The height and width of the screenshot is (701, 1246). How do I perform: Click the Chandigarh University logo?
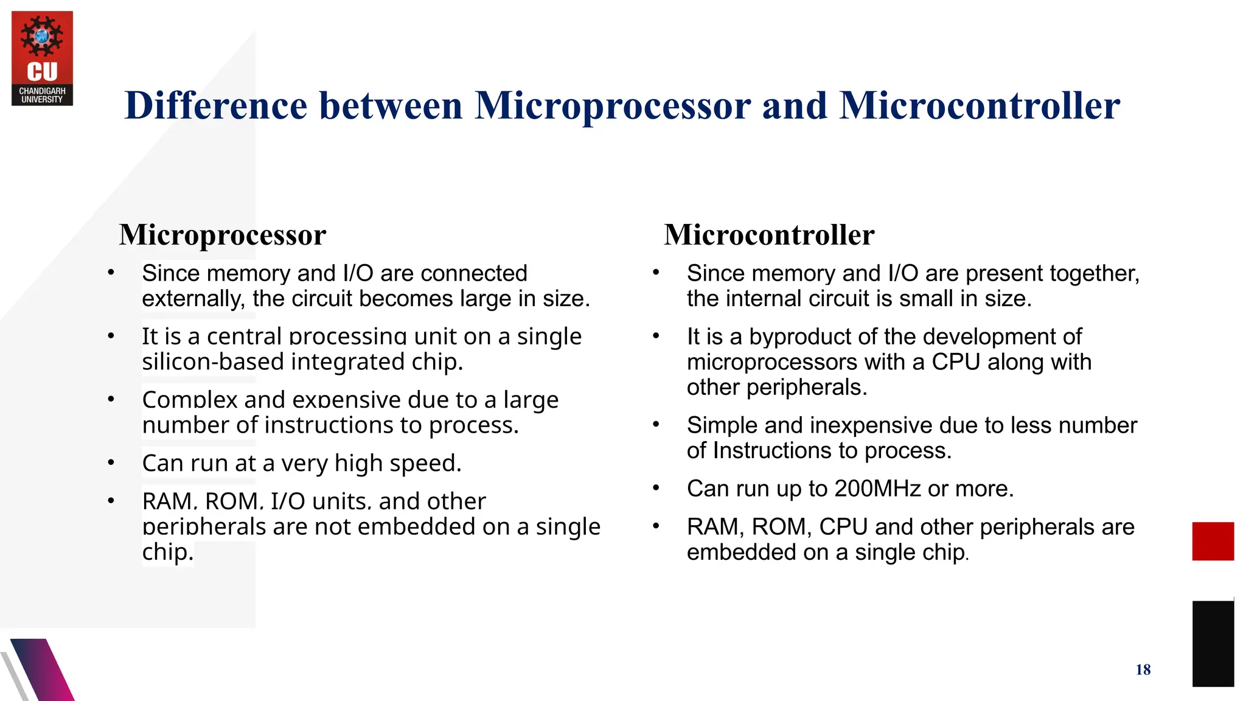pyautogui.click(x=42, y=58)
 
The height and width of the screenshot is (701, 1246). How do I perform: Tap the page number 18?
pyautogui.click(x=1143, y=670)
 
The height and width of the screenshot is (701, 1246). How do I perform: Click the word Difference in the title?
pyautogui.click(x=216, y=106)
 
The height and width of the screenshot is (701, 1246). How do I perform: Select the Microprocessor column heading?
pyautogui.click(x=223, y=235)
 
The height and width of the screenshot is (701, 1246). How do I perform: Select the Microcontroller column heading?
pyautogui.click(x=769, y=235)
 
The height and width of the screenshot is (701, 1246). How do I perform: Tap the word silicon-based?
pyautogui.click(x=213, y=362)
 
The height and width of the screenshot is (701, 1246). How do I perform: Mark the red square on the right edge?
pyautogui.click(x=1213, y=541)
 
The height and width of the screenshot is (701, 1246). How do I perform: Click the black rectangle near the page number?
pyautogui.click(x=1213, y=643)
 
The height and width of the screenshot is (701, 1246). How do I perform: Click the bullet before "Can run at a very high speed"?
pyautogui.click(x=111, y=463)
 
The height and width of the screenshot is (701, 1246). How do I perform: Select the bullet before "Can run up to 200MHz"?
pyautogui.click(x=656, y=488)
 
